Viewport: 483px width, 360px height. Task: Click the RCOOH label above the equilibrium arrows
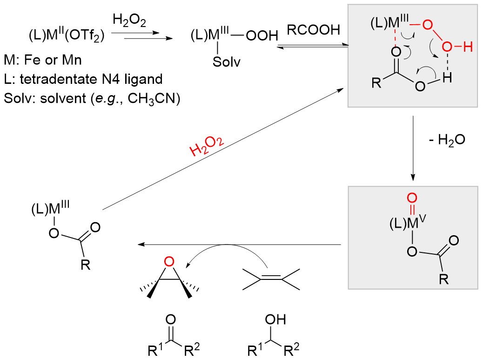coord(312,31)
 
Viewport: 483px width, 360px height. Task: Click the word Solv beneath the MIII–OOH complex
coord(228,61)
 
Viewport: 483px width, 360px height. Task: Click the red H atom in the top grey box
coord(467,47)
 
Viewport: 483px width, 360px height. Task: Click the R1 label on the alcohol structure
coord(254,349)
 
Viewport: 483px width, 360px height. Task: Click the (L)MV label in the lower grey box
coord(402,224)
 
